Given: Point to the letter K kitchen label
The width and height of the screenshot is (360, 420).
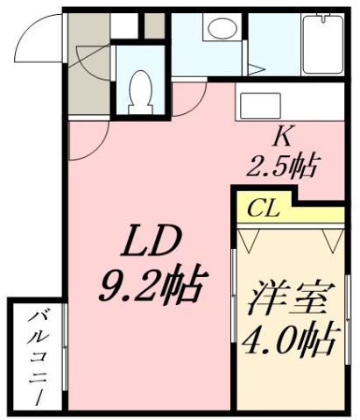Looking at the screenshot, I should coord(282,137).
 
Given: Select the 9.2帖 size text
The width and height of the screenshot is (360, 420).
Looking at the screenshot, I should coord(151,285).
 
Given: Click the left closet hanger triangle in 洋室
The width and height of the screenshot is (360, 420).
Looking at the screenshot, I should coord(249,238).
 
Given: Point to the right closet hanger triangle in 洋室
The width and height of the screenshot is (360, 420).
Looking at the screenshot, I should coord(331,238).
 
